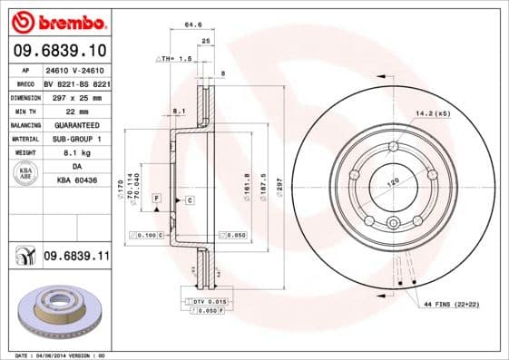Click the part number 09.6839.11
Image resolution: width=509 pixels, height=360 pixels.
76,258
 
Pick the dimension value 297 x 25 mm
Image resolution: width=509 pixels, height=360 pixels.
75,95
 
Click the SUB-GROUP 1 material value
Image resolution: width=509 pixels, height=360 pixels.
75,139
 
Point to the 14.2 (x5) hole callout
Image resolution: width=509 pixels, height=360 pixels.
432,114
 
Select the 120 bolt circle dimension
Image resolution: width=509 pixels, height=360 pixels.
392,182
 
